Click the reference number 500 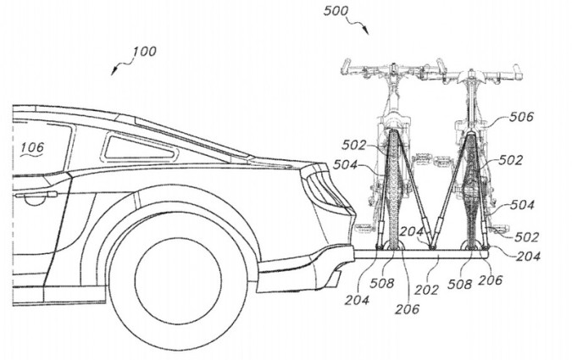coord(336,11)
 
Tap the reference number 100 coord(144,51)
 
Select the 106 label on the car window coord(31,147)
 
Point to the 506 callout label coord(521,117)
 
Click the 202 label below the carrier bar coord(426,290)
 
